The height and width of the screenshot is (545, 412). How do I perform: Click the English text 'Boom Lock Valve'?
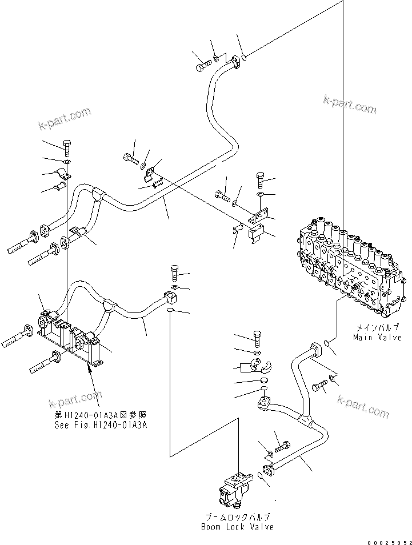pyautogui.click(x=237, y=527)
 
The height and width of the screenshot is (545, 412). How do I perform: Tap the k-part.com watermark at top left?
pyautogui.click(x=65, y=118)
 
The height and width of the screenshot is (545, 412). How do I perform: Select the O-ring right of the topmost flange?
pyautogui.click(x=244, y=57)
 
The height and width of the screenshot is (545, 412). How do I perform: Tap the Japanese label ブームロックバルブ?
pyautogui.click(x=237, y=517)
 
